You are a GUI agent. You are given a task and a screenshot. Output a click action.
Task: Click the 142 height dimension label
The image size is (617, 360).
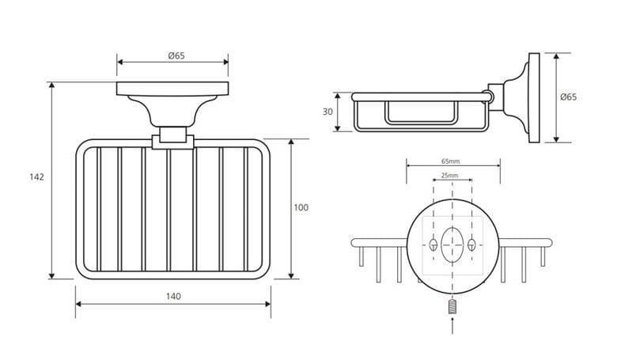point(36,177)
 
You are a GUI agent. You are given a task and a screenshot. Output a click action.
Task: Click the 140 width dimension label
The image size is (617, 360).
point(173,296)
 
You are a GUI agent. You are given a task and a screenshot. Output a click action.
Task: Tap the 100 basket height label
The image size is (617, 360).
point(301,207)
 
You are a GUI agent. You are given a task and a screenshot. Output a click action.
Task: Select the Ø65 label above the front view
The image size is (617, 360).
point(176,55)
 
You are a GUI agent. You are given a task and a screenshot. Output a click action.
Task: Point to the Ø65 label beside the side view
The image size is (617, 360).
point(569,97)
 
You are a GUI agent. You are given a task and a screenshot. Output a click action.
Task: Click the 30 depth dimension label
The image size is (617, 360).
point(327,112)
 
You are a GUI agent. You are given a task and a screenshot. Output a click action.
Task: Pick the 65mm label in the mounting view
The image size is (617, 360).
point(451,161)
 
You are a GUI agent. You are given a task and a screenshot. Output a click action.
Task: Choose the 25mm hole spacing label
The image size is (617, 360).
point(449,176)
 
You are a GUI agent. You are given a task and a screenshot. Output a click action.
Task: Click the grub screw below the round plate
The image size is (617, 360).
point(452,306)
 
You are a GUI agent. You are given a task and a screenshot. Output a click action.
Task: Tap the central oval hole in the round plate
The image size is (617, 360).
point(452,244)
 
